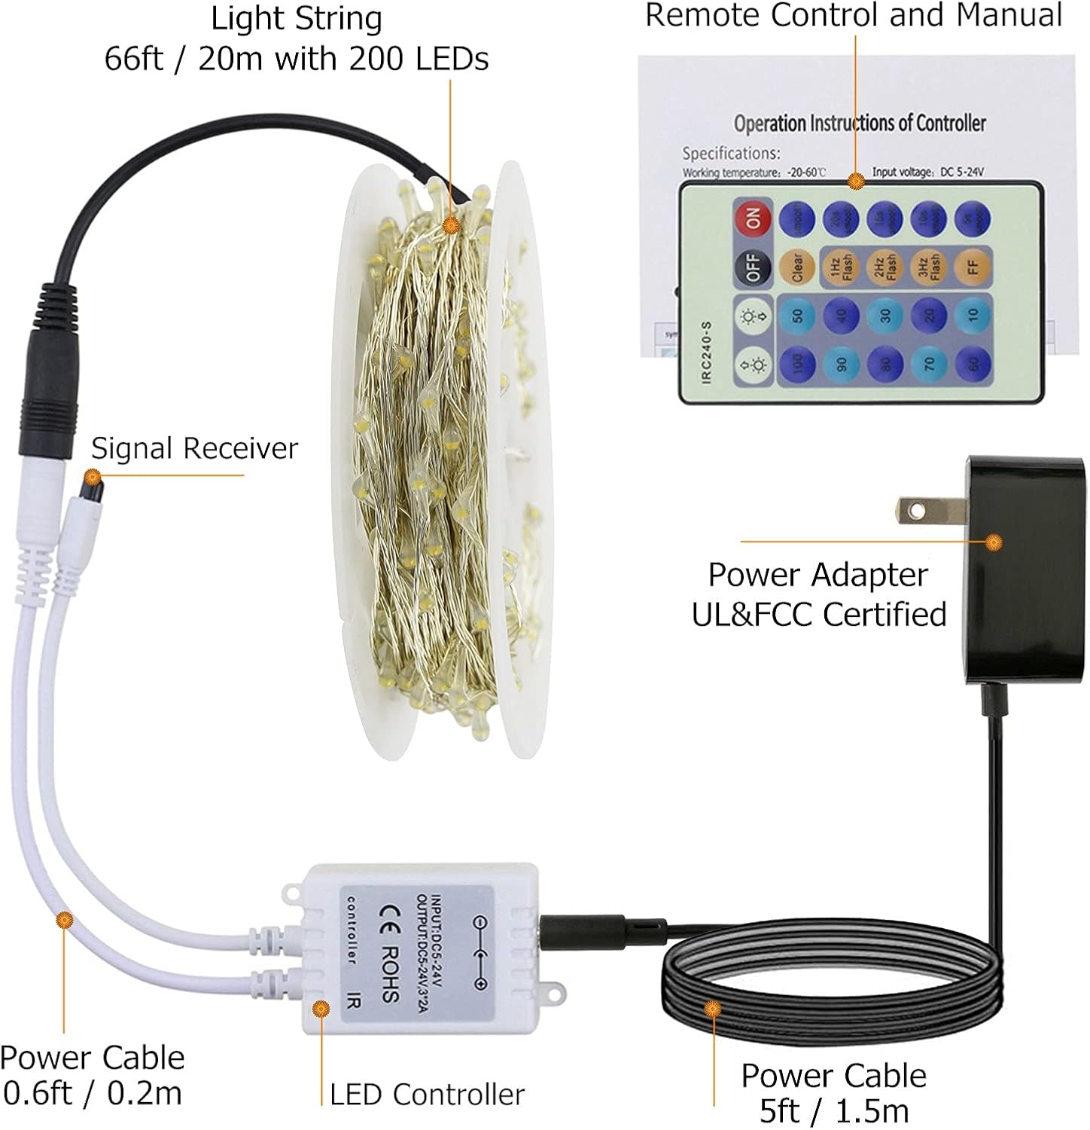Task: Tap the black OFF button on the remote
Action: tap(753, 266)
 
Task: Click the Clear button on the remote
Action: tap(797, 266)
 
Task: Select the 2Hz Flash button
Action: tap(885, 266)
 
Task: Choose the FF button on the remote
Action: tap(973, 266)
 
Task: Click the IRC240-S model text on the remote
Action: tap(706, 352)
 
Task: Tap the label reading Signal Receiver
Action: tap(194, 449)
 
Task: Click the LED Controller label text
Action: tap(427, 1094)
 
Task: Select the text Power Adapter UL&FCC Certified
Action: tap(818, 595)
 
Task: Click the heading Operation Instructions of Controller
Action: tap(859, 123)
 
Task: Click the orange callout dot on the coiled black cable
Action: tap(711, 1008)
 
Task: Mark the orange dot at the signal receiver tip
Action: tap(92, 476)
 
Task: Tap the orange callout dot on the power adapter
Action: tap(994, 541)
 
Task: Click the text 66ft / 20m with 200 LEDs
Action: tap(297, 59)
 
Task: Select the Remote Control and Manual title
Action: tap(854, 15)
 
